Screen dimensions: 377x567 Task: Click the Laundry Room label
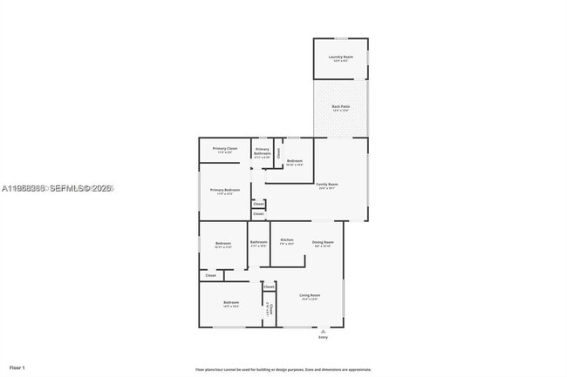click(340, 57)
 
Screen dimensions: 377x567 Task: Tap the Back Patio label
click(340, 106)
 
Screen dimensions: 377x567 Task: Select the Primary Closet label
click(225, 148)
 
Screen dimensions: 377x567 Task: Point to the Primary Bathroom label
click(262, 151)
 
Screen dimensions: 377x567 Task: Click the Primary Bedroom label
click(225, 190)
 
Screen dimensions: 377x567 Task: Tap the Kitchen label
click(287, 240)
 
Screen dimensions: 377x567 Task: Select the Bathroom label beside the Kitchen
click(258, 241)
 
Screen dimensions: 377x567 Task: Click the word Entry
click(323, 337)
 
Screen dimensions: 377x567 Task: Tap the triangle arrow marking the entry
click(323, 330)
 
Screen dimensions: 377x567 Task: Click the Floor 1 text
click(17, 368)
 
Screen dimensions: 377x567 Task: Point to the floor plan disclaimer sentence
click(283, 369)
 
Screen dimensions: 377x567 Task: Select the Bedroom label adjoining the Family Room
click(295, 161)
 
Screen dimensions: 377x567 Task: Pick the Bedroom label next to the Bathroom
click(222, 242)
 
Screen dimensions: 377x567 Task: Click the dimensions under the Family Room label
click(327, 189)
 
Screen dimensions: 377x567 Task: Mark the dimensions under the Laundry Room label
click(340, 62)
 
